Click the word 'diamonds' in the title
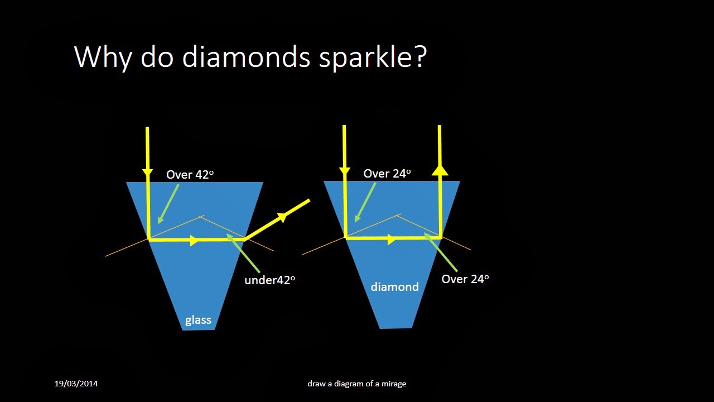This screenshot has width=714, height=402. [246, 57]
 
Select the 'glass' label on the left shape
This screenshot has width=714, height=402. [198, 320]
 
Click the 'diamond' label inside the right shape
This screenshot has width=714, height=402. [394, 287]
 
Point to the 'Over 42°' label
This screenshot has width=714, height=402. [190, 175]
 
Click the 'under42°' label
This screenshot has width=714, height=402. [269, 280]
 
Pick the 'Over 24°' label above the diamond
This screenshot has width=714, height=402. [387, 174]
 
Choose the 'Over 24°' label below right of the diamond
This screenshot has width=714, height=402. [465, 279]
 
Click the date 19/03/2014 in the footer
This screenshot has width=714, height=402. [76, 384]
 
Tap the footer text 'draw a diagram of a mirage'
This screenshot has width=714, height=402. [356, 384]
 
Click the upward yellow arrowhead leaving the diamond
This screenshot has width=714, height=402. [440, 169]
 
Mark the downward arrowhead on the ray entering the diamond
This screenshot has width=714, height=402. [345, 170]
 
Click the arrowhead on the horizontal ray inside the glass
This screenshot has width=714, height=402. [194, 241]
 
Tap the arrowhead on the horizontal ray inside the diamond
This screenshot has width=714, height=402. [392, 240]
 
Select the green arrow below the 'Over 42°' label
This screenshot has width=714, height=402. [168, 203]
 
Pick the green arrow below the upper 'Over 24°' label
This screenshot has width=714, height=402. [365, 202]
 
